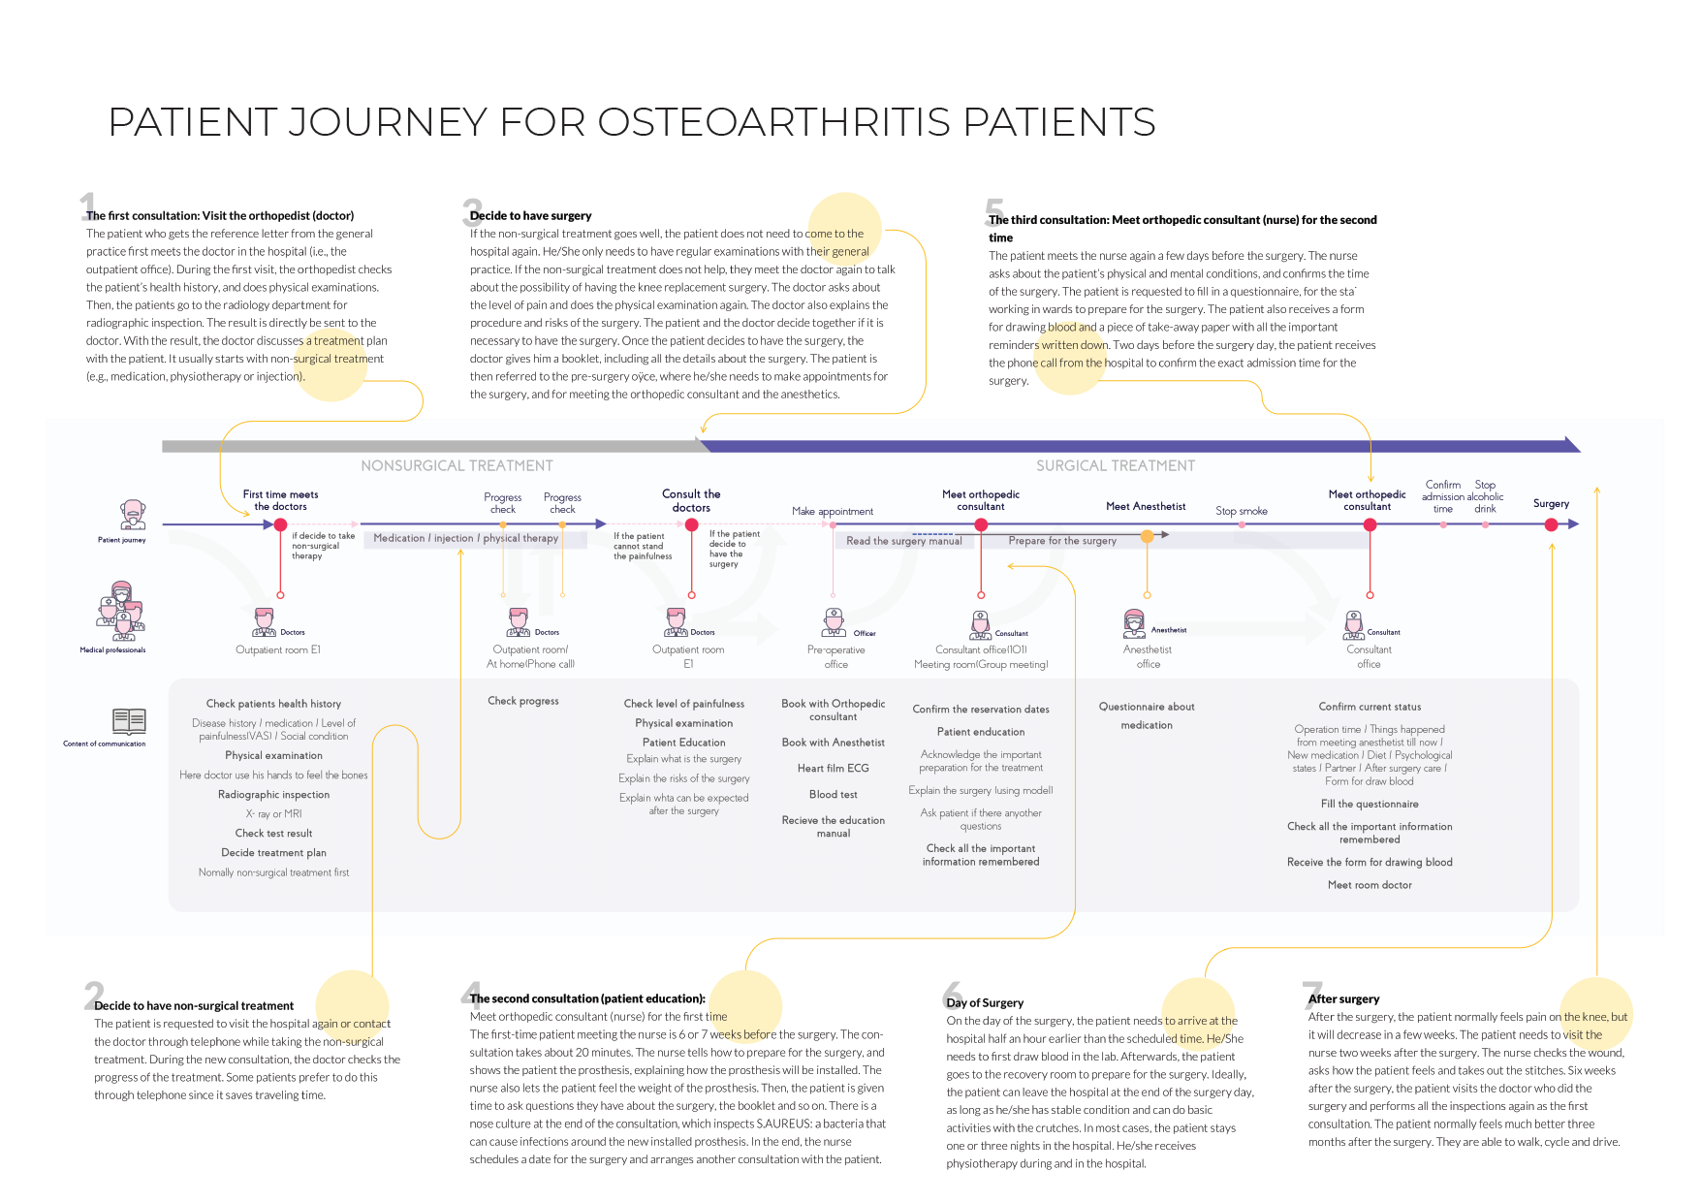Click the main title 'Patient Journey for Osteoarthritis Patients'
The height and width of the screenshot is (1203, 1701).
point(631,123)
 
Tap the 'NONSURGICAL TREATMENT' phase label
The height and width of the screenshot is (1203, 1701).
point(457,466)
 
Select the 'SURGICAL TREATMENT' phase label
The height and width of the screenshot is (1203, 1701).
point(1115,466)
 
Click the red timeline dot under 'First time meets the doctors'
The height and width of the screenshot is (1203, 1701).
point(280,524)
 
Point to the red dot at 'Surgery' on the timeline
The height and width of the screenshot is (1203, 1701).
point(1551,524)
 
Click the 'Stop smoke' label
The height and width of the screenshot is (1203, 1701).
point(1241,511)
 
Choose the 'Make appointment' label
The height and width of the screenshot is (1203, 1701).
point(832,511)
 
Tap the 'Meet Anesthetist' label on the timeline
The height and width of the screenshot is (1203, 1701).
point(1146,506)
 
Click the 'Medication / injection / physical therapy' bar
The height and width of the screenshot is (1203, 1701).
point(466,538)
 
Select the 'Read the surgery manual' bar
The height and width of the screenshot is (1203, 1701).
point(903,541)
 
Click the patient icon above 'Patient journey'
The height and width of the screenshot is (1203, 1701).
point(133,514)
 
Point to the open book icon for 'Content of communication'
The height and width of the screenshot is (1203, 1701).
point(129,720)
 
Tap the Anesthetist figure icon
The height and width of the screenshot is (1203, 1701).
point(1134,623)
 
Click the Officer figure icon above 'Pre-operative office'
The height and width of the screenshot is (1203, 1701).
point(834,622)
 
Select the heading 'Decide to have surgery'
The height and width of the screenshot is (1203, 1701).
point(530,215)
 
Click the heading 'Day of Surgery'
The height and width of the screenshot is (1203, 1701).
point(985,1002)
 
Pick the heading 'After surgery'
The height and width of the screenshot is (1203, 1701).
point(1343,998)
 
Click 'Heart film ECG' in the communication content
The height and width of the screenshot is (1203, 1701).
point(833,768)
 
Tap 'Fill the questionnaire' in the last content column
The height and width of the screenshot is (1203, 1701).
point(1369,804)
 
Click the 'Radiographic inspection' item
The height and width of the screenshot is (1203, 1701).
point(273,794)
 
